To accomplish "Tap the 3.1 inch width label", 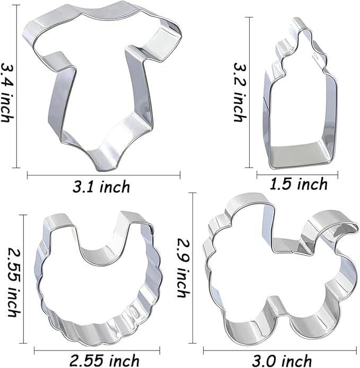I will pyautogui.click(x=101, y=186).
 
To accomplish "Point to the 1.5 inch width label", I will pyautogui.click(x=298, y=184).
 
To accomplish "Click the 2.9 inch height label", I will pyautogui.click(x=182, y=268).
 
